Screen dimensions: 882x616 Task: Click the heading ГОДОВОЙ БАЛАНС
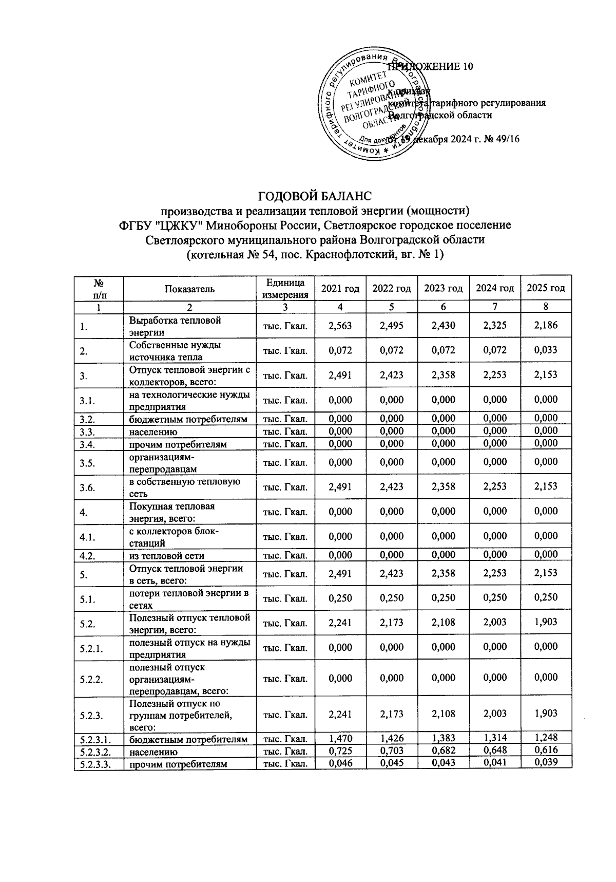point(315,196)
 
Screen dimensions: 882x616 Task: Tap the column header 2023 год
point(443,288)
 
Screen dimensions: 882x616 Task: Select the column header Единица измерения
point(285,288)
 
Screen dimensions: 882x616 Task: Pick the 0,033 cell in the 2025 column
point(546,350)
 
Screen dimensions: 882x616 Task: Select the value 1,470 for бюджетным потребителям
point(340,738)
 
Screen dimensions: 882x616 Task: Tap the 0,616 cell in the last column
point(546,750)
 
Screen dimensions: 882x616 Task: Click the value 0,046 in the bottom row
point(340,763)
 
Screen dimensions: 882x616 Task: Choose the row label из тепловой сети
point(167,555)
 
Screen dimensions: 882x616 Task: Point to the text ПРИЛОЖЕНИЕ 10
point(430,67)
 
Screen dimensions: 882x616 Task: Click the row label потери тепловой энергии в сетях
point(188,598)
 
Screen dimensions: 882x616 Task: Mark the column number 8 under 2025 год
point(546,307)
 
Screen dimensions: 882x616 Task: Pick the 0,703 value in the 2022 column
point(391,751)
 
